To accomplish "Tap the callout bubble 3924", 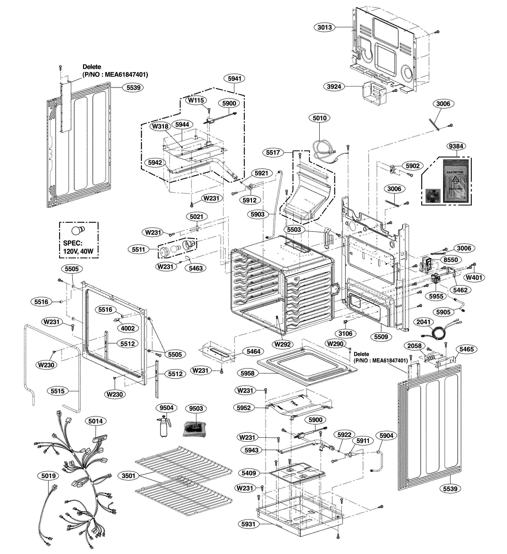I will coord(334,87).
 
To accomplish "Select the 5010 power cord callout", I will coord(319,118).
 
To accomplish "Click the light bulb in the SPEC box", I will coord(78,230).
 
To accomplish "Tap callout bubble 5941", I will coord(234,79).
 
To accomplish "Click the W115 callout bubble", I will coord(196,100).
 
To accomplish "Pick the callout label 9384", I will coord(456,146).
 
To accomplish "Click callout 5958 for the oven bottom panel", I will coord(247,373).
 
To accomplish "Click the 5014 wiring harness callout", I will coord(96,421).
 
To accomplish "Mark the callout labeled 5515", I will coord(58,391).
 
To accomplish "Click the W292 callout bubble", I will coord(283,344).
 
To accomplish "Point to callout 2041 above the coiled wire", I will coord(423,322).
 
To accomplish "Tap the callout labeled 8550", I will coord(451,260).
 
